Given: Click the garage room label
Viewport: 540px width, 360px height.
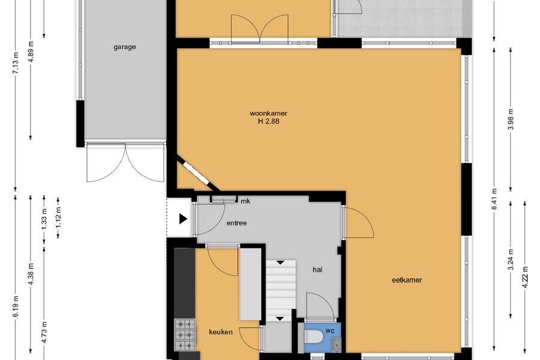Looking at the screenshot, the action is tap(125, 47).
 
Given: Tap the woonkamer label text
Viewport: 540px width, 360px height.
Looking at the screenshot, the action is tap(269, 113).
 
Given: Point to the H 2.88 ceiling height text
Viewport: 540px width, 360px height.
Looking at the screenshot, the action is tap(269, 121).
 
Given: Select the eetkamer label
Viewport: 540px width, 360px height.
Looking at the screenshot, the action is tap(407, 280).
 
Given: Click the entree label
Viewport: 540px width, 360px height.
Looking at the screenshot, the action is tap(236, 223).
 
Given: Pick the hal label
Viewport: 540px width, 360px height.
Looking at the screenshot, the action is tap(317, 270).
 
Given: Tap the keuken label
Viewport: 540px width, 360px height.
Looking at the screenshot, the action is tap(221, 332).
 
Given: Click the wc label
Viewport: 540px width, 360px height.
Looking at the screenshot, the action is tap(330, 331).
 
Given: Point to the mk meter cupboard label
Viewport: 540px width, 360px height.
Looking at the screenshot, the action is tap(245, 201).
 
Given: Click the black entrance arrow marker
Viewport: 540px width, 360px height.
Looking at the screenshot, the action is tap(183, 219).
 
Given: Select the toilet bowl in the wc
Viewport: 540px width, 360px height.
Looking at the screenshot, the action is tap(313, 336).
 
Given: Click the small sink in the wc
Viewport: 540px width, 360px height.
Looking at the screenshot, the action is tap(336, 343).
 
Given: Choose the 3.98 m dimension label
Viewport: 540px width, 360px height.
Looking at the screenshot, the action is tap(511, 119).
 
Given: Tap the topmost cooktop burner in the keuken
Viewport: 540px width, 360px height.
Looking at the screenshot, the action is tap(185, 324).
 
